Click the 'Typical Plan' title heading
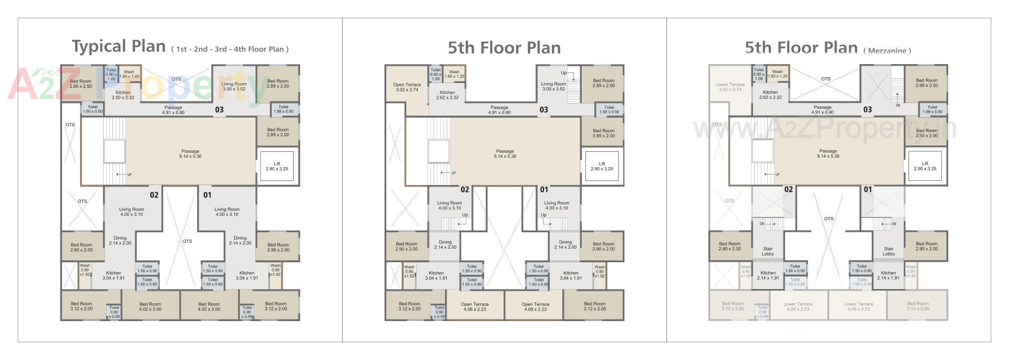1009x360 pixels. [x=119, y=46]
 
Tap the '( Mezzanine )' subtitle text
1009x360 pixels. [x=887, y=50]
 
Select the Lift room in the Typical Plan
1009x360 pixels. [x=277, y=167]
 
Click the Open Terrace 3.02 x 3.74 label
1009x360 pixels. [x=407, y=87]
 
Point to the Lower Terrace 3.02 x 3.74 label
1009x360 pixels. [x=730, y=87]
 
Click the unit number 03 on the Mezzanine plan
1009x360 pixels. [x=867, y=110]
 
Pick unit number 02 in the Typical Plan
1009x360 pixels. [x=154, y=195]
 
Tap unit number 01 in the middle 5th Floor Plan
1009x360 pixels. [x=544, y=190]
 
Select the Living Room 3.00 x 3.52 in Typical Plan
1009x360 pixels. [x=234, y=87]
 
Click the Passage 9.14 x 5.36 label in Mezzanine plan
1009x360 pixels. [x=828, y=153]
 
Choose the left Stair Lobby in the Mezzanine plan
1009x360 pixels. [x=768, y=251]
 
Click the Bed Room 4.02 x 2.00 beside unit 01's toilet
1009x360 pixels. [x=209, y=306]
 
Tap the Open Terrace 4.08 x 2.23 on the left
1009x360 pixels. [x=475, y=307]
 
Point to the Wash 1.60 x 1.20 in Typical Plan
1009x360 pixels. [x=129, y=74]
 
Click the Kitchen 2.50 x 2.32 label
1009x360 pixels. [x=123, y=95]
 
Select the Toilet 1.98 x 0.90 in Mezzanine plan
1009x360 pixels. [x=932, y=109]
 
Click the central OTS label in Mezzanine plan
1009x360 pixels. [x=829, y=219]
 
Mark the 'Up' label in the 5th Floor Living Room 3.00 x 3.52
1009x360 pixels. [x=563, y=73]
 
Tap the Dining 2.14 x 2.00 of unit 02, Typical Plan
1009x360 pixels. [x=120, y=241]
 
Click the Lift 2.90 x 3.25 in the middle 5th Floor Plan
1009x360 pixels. [x=602, y=167]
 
